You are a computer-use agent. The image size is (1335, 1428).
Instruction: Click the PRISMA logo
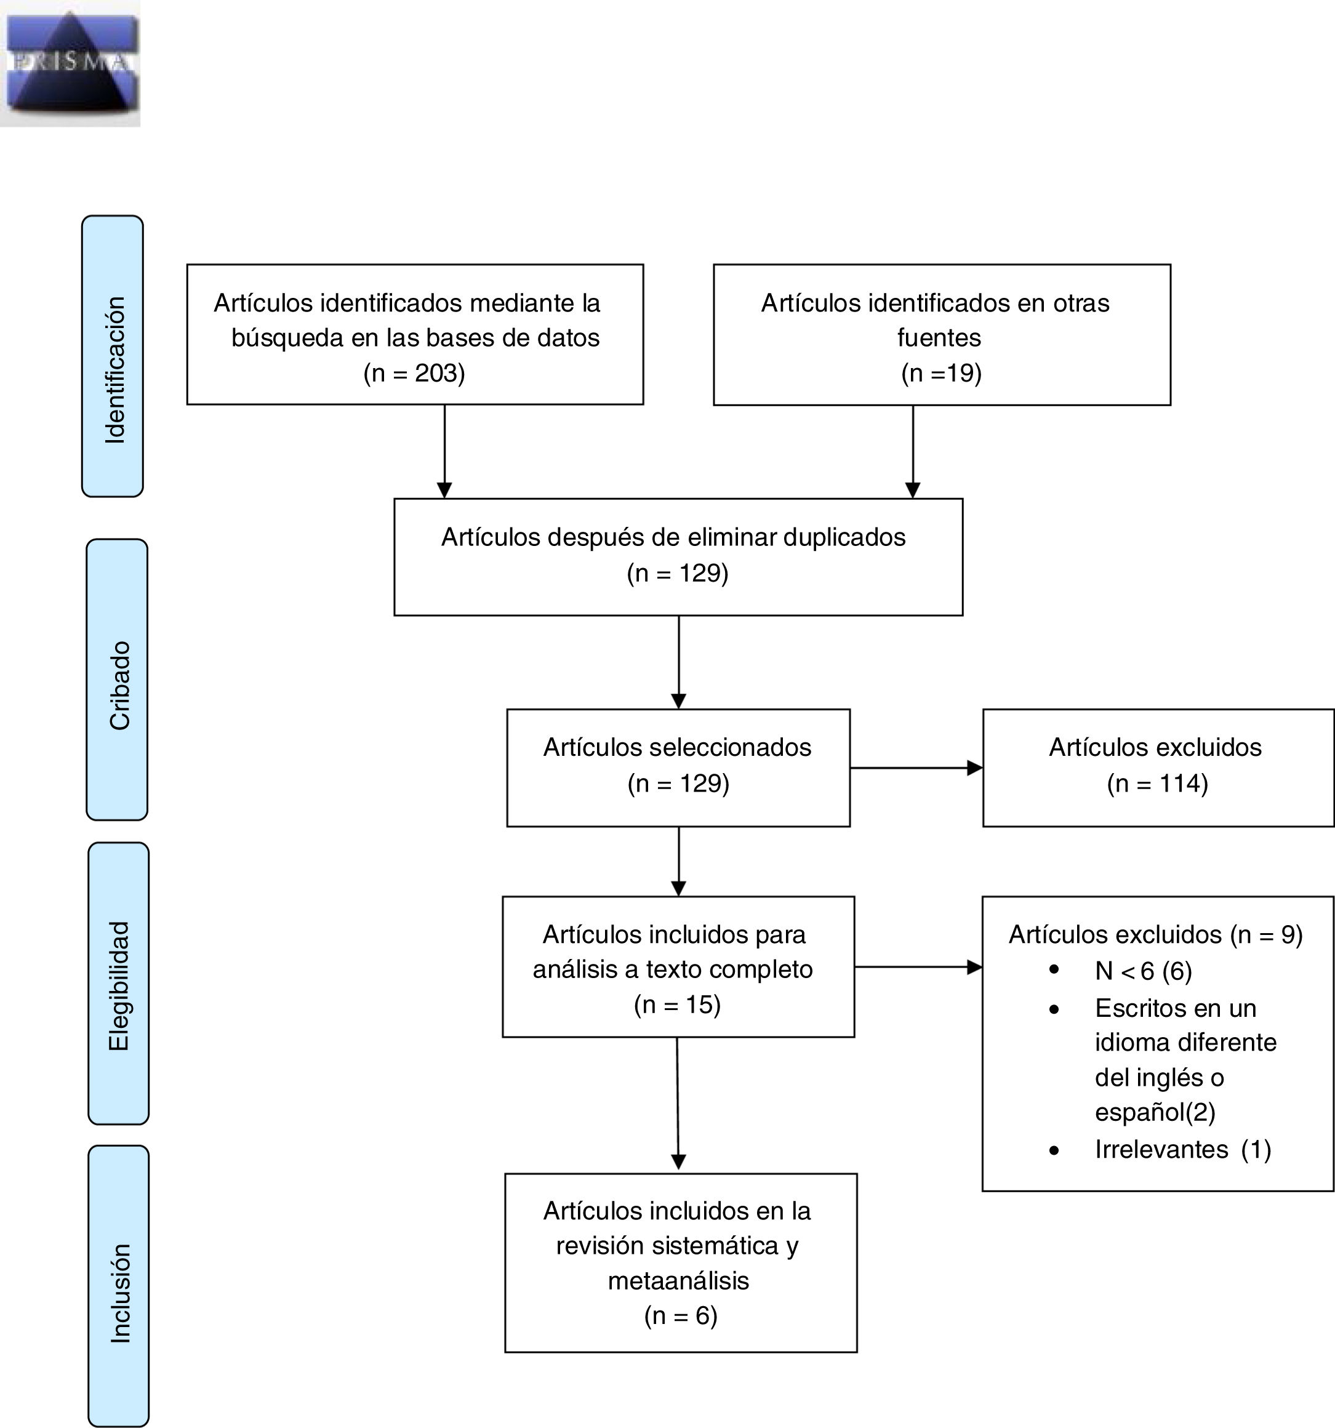click(70, 63)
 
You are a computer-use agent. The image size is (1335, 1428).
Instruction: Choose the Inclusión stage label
click(120, 1293)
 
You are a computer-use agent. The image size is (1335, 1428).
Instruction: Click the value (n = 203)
click(414, 373)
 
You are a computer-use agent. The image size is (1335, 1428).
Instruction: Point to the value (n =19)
click(940, 373)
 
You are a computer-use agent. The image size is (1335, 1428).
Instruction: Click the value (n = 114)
click(1157, 783)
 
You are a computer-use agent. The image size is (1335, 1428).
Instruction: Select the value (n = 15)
click(677, 1003)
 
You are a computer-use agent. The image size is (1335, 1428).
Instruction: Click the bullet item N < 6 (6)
click(1142, 971)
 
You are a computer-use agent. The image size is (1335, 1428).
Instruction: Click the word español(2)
click(1155, 1112)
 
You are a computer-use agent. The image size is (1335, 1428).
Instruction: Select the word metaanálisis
click(679, 1280)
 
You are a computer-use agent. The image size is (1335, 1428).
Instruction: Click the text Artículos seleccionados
click(677, 747)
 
